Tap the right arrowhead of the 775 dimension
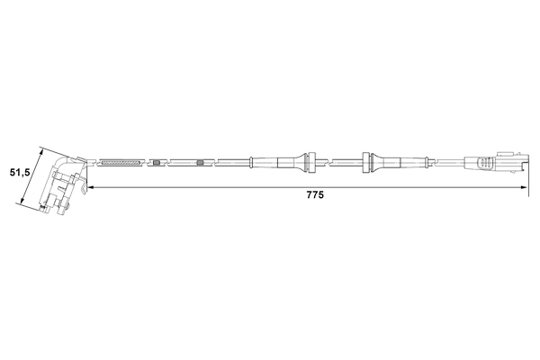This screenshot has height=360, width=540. (524, 187)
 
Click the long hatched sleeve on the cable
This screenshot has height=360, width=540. (121, 163)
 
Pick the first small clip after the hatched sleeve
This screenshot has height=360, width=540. (157, 163)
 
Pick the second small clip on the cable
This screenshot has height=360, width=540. (200, 163)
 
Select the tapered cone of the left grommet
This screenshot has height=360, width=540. (293, 162)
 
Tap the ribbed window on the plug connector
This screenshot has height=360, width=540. (487, 163)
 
